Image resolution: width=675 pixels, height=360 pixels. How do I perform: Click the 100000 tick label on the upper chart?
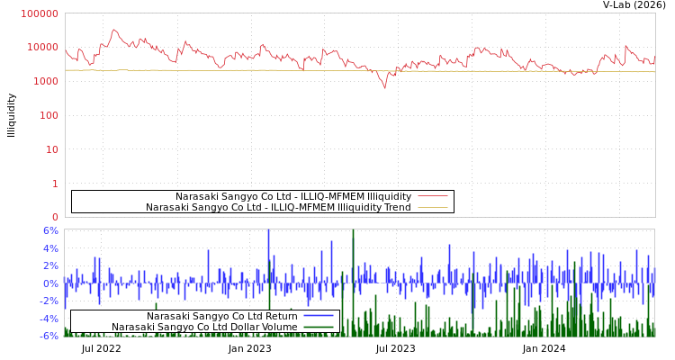[40, 13]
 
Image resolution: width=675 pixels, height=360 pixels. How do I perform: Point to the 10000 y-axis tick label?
[42, 48]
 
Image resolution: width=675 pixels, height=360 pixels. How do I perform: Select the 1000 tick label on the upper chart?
[45, 82]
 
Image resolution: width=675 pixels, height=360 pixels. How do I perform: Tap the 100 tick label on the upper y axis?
[49, 115]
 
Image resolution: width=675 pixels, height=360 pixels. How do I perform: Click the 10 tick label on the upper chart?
[51, 149]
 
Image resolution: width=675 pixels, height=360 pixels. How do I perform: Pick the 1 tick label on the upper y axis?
[55, 184]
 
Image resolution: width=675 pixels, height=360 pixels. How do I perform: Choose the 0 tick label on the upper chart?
[55, 217]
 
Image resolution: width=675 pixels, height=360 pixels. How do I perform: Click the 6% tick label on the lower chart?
[50, 230]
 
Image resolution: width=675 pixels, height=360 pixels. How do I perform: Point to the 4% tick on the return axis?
[50, 248]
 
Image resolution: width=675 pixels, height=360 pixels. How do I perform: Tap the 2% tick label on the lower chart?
[50, 265]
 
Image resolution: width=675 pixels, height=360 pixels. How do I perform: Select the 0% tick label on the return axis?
[50, 283]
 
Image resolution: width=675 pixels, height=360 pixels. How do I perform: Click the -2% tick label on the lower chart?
[49, 301]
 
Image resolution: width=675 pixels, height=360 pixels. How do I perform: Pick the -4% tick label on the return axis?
[49, 319]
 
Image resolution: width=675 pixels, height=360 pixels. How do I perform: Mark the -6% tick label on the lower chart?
[49, 336]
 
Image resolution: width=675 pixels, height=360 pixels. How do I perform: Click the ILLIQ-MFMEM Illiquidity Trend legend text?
[278, 208]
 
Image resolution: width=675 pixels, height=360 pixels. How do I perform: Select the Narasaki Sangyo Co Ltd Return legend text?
[221, 316]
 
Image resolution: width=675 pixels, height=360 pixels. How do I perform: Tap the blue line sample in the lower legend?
[319, 316]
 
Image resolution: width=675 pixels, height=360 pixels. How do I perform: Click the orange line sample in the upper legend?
[432, 208]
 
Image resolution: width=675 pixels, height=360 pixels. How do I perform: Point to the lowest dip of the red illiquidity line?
[384, 87]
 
